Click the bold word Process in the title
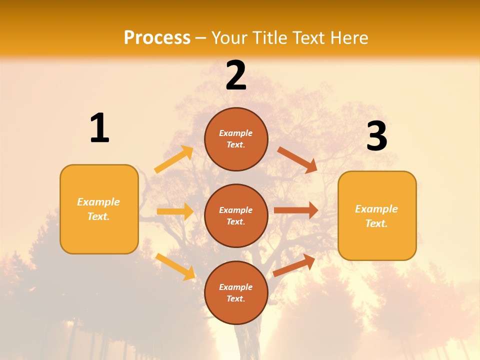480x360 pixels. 157,37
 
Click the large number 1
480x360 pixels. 99,128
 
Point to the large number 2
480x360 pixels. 236,75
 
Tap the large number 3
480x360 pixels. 376,136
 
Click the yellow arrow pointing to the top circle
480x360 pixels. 174,159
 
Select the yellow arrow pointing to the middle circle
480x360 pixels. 175,211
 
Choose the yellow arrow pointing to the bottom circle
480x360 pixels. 175,266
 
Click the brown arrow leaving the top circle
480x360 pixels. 297,160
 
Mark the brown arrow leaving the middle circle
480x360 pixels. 296,210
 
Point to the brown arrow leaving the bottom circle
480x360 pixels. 294,265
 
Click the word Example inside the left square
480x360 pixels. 98,202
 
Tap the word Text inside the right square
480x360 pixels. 376,223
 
